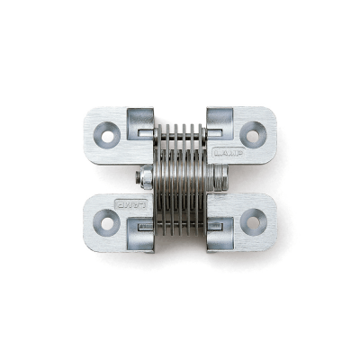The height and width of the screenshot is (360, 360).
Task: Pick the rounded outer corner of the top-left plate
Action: click(91, 112)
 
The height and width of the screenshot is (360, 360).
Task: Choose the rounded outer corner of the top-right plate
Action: click(272, 112)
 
